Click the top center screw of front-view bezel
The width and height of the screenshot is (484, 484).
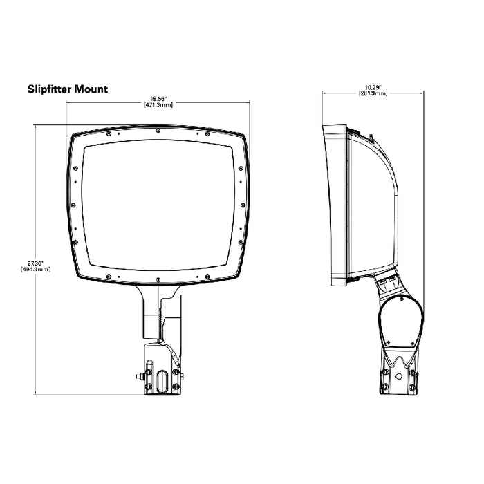[x=159, y=130]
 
